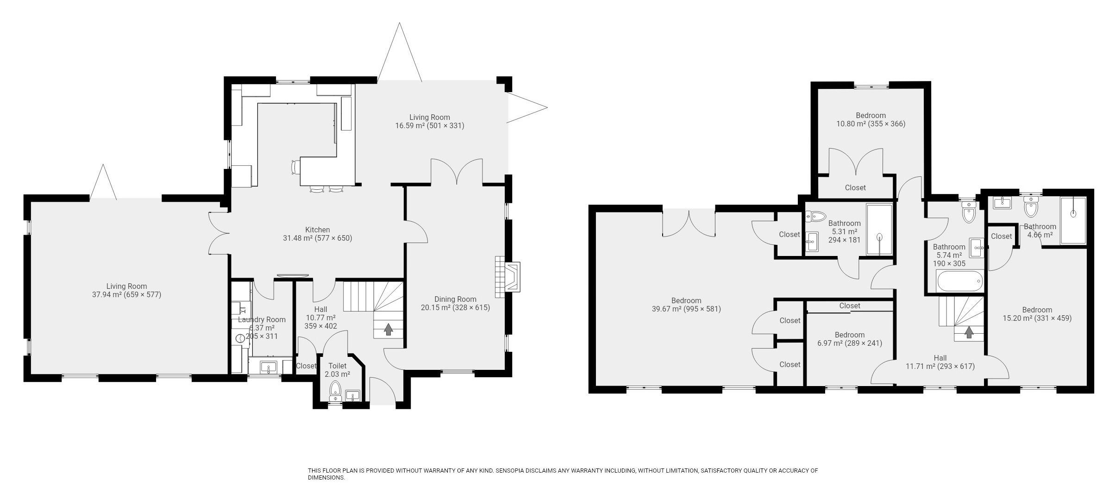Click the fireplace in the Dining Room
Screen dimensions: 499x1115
512,277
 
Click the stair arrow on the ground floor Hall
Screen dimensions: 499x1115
388,329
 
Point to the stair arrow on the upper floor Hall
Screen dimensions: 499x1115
968,332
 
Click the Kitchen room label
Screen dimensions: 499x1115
317,230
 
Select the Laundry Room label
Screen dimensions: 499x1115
262,320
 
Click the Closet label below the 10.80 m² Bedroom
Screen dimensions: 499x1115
855,188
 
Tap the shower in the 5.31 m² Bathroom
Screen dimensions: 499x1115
879,230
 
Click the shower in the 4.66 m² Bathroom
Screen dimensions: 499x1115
1072,220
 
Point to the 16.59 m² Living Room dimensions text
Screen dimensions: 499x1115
429,126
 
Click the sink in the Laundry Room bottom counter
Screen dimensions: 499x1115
268,368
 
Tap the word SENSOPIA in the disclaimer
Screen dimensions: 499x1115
512,471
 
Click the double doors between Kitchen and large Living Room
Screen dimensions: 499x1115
218,233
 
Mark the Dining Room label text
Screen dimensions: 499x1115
455,299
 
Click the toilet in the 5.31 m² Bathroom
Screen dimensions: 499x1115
816,216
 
